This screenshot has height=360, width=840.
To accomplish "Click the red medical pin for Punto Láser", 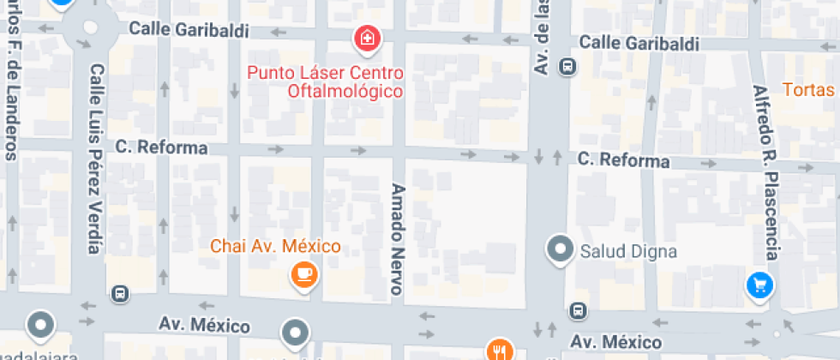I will pyautogui.click(x=368, y=39).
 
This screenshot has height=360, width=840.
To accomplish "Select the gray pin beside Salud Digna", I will pyautogui.click(x=561, y=249).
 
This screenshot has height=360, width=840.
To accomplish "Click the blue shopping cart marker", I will pyautogui.click(x=759, y=285).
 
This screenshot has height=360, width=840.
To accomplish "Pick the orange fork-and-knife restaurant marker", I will pyautogui.click(x=500, y=350).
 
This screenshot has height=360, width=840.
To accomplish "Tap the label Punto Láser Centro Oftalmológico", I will pyautogui.click(x=326, y=81).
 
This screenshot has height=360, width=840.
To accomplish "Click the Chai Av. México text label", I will pyautogui.click(x=276, y=247).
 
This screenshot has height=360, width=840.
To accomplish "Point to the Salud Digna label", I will pyautogui.click(x=629, y=252).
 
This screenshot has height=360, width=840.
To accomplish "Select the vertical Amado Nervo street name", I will pyautogui.click(x=397, y=238).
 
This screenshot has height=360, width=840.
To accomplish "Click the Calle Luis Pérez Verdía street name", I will pyautogui.click(x=96, y=159).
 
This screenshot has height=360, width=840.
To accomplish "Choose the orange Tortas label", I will pyautogui.click(x=809, y=89).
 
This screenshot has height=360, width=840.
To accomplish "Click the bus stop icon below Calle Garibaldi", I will pyautogui.click(x=567, y=65).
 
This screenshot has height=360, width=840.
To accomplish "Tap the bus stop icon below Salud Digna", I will pyautogui.click(x=579, y=310).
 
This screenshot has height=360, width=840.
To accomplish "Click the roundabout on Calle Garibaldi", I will pyautogui.click(x=89, y=27).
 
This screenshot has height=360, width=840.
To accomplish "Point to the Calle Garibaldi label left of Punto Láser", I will pyautogui.click(x=189, y=29).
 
